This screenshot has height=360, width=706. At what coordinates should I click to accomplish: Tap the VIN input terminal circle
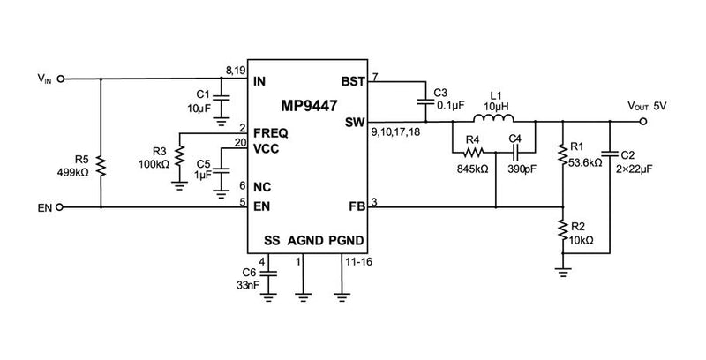tap(63, 79)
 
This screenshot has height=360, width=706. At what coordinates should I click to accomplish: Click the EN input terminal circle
tap(63, 208)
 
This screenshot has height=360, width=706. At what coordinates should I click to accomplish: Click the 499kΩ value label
tap(74, 172)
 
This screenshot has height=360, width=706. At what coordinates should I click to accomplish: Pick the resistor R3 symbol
tap(180, 157)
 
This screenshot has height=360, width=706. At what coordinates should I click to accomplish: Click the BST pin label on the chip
tap(354, 82)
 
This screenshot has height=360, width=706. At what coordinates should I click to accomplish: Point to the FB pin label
tap(357, 208)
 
